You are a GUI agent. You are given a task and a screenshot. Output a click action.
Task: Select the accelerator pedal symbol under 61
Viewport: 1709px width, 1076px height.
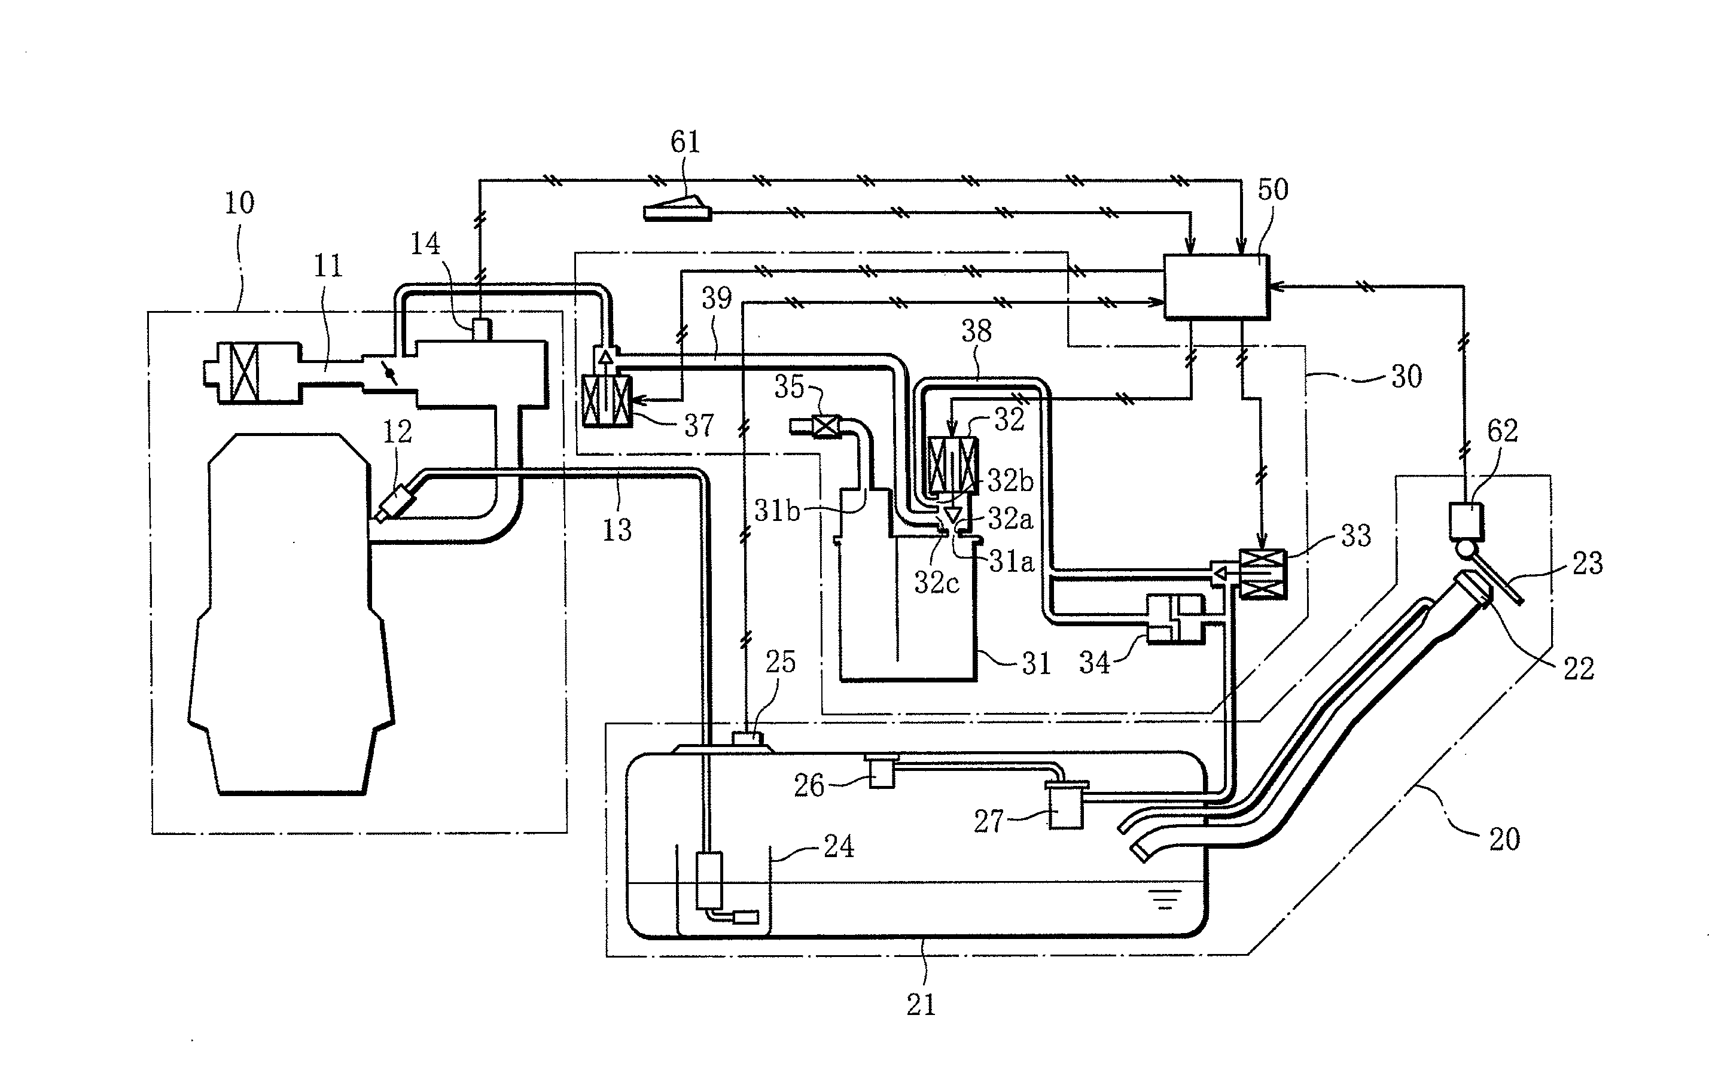click(678, 209)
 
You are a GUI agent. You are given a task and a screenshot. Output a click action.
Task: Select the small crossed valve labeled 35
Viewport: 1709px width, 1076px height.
click(825, 426)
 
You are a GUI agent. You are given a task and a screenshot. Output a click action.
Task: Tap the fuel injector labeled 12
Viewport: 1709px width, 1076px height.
click(396, 502)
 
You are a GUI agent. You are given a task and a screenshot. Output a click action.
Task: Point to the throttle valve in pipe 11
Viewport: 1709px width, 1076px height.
click(388, 372)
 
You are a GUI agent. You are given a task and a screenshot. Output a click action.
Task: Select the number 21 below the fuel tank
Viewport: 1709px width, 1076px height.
click(921, 1004)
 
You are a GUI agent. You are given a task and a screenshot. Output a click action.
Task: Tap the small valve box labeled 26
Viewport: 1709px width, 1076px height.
click(882, 772)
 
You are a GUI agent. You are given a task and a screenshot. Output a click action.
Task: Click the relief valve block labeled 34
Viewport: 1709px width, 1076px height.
click(1175, 619)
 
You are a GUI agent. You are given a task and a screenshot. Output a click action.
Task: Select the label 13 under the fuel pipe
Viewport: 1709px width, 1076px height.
click(616, 529)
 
